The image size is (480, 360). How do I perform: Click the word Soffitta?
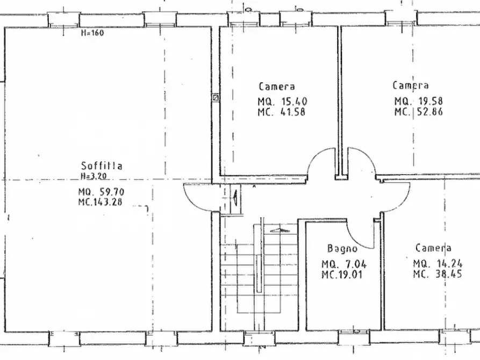102,165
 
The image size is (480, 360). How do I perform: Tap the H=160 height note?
92,33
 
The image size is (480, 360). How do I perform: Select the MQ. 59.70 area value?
102,192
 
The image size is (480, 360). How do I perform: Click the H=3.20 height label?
94,175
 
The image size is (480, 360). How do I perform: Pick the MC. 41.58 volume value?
282,112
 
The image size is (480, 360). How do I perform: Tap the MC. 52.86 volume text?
419,112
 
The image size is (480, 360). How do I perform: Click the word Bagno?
342,248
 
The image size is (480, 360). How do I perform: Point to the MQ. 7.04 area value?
344,264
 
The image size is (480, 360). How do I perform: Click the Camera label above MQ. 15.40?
277,86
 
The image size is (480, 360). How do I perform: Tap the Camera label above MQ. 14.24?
433,248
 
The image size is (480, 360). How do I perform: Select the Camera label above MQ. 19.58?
411,85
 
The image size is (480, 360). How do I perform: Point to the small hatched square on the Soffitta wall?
216,98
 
